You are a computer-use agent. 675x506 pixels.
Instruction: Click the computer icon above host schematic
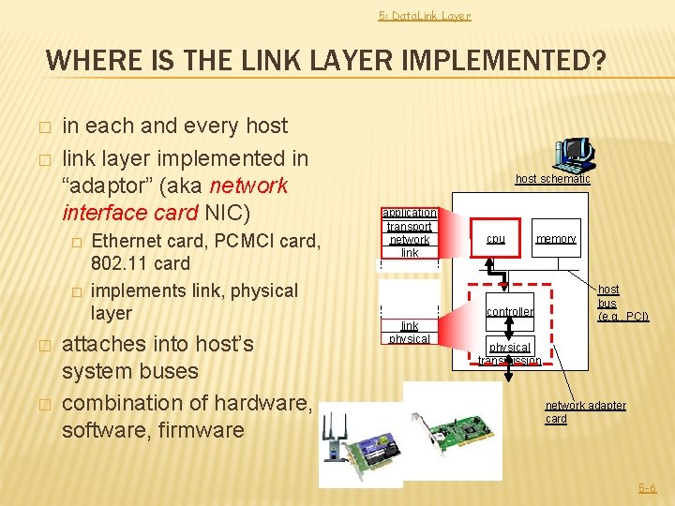573,154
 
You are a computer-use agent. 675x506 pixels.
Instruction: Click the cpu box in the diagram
496,239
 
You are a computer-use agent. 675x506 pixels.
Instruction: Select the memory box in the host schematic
556,239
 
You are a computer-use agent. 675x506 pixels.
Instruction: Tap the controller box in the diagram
509,311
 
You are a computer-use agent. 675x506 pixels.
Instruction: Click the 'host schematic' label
552,179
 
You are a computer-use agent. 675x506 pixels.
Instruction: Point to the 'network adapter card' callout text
585,411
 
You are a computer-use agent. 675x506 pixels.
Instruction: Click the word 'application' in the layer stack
409,213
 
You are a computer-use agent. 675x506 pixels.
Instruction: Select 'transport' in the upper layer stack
409,226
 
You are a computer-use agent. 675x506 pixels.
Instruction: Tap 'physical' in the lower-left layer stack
409,338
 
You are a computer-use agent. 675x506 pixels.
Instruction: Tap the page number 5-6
647,488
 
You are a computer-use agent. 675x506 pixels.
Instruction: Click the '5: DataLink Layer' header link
424,15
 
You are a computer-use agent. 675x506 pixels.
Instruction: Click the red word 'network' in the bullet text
249,185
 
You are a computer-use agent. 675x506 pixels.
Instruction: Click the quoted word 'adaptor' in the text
104,185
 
